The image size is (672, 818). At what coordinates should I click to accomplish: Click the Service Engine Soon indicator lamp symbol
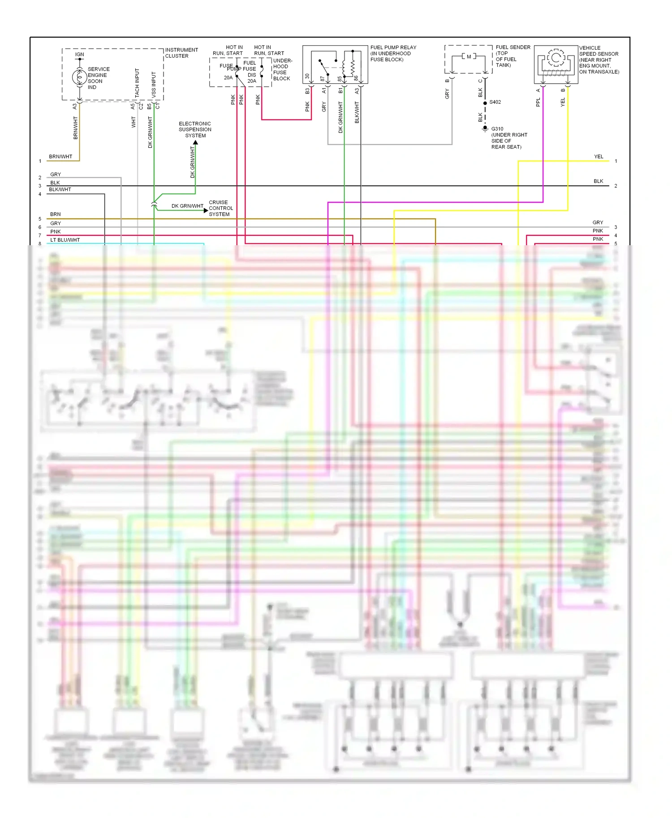click(x=79, y=77)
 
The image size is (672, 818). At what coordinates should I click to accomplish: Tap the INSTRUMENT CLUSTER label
click(x=181, y=53)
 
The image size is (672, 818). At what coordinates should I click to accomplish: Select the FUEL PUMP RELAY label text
click(x=393, y=47)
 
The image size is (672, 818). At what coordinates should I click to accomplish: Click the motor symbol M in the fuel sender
click(x=469, y=57)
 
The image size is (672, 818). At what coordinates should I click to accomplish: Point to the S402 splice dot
click(x=485, y=103)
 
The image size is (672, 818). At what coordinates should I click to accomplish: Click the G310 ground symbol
click(x=485, y=129)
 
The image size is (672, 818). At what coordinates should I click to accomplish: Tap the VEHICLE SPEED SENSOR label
click(x=599, y=60)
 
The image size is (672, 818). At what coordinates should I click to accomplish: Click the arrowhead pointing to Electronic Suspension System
click(x=195, y=143)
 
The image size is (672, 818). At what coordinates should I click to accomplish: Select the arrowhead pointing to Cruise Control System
click(x=206, y=210)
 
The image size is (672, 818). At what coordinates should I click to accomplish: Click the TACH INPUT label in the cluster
click(x=137, y=83)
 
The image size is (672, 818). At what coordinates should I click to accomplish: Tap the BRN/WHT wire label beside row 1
click(x=60, y=157)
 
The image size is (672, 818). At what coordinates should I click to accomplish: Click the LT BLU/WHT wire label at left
click(x=65, y=240)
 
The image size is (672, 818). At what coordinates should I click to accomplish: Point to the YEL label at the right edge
click(x=599, y=157)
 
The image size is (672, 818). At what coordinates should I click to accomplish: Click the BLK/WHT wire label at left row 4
click(x=60, y=189)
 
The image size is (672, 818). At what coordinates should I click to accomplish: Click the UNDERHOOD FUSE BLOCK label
click(x=282, y=69)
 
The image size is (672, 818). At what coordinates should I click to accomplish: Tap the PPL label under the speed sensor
click(x=538, y=102)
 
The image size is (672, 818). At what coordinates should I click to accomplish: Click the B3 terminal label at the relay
click(x=307, y=91)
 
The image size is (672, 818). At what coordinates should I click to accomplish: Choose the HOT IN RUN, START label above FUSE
click(x=228, y=50)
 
